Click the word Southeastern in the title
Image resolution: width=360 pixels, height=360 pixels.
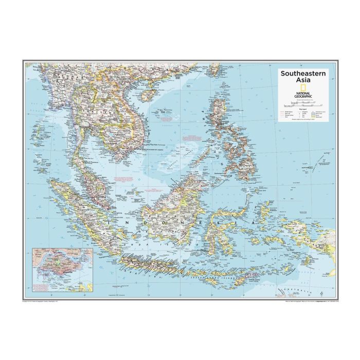[x=302, y=74]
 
